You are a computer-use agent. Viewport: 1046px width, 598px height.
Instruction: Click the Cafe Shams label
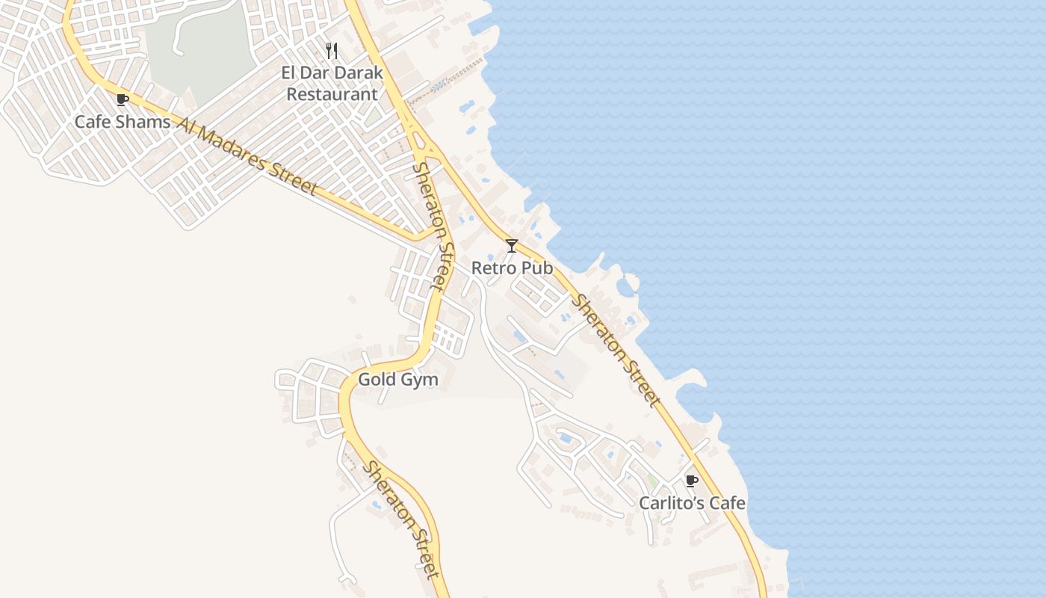123,121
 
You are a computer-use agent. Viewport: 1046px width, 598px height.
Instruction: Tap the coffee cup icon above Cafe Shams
123,99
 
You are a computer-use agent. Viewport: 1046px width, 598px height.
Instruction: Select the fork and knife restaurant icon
332,52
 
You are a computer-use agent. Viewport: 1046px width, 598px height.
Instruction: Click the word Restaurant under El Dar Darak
332,94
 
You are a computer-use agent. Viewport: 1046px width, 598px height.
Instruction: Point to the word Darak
356,73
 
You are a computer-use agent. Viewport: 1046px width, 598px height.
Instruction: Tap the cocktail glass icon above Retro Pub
512,246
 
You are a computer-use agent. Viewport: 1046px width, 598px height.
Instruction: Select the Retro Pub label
512,268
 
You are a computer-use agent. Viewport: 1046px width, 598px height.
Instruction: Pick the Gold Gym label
397,380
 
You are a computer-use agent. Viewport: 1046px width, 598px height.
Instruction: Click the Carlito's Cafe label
692,503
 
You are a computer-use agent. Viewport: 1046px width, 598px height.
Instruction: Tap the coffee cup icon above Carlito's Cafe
691,481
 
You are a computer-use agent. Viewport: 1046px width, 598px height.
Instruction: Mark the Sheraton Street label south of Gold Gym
400,520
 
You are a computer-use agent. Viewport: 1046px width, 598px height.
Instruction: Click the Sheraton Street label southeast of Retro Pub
617,351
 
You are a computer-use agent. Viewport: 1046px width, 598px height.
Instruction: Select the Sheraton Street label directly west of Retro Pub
433,226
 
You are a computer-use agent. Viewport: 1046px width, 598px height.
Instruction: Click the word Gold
376,380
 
